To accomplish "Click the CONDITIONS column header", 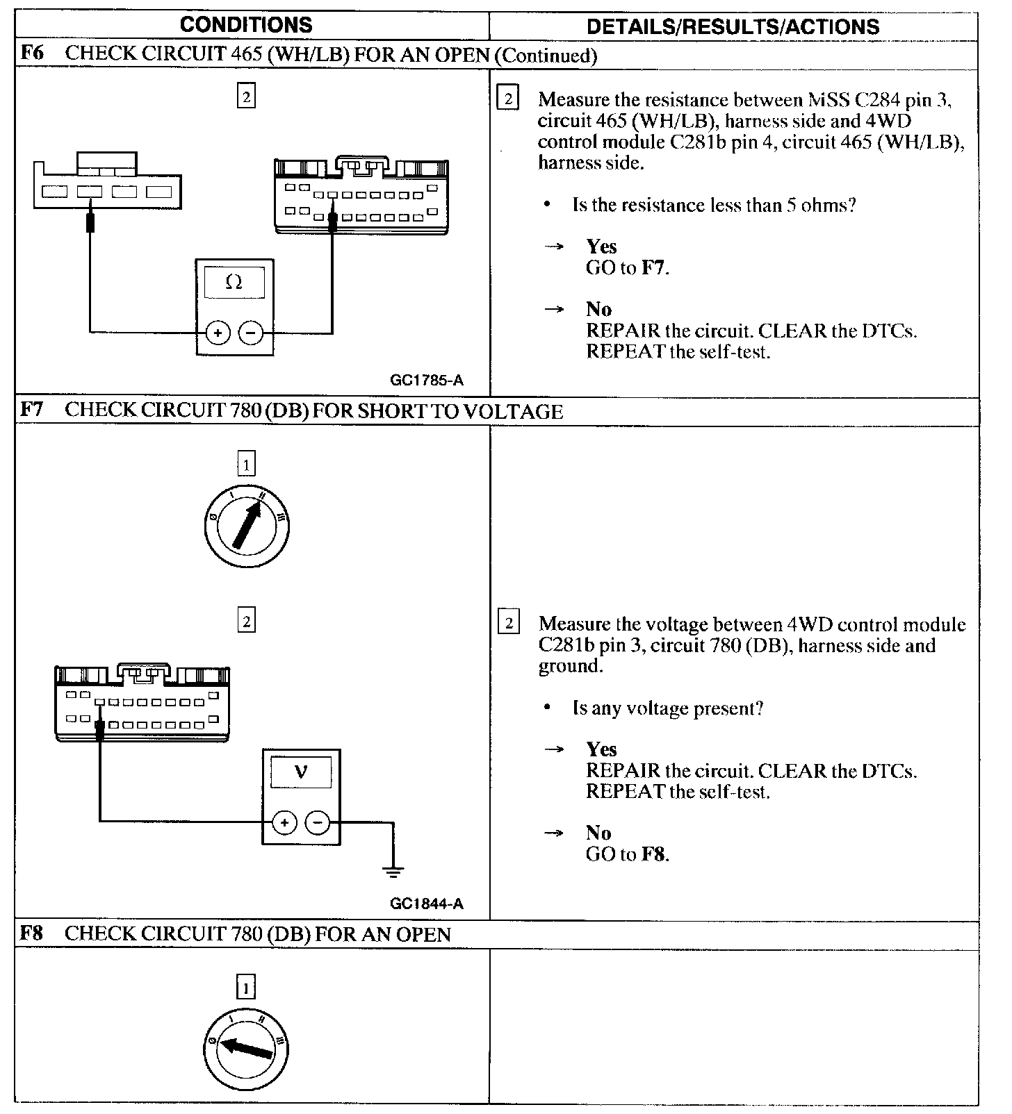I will click(246, 25).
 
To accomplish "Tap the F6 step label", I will click(31, 54).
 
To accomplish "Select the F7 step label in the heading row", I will click(31, 410).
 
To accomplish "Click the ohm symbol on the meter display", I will click(234, 283).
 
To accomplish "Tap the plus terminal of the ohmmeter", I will click(218, 333).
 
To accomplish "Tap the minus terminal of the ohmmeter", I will click(251, 333).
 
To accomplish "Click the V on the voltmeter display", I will click(301, 772).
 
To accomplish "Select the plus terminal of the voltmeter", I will click(284, 823).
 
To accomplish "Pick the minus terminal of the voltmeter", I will click(318, 823).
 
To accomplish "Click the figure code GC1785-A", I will click(426, 380).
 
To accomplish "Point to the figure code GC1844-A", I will click(426, 904).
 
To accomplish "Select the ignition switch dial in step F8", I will click(247, 1049).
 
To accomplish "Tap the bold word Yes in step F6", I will click(601, 247).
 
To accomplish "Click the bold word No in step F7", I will click(598, 833).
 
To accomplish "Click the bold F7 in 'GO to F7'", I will click(653, 267).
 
